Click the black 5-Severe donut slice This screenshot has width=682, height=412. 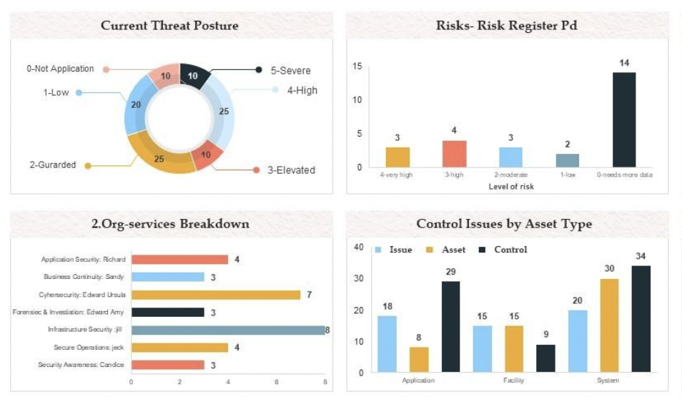[194, 77]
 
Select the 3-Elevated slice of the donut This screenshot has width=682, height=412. [207, 155]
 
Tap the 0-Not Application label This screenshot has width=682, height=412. [61, 69]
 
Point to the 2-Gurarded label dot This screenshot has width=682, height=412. [88, 166]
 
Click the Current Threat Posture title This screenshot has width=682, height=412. [169, 26]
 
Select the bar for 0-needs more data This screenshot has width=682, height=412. [624, 119]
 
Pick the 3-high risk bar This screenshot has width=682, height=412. [454, 153]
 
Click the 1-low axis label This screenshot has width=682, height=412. [568, 175]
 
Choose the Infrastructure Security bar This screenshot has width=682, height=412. [228, 330]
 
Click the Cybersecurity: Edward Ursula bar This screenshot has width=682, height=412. [216, 295]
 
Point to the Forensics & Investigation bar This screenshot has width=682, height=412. [167, 312]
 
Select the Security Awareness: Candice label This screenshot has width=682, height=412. [81, 365]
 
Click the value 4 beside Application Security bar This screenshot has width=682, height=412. [237, 260]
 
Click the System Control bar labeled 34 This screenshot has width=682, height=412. [641, 318]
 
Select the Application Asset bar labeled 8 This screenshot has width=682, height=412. [419, 359]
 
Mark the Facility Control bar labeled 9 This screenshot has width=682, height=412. [545, 358]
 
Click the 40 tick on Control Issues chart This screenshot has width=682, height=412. [359, 247]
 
